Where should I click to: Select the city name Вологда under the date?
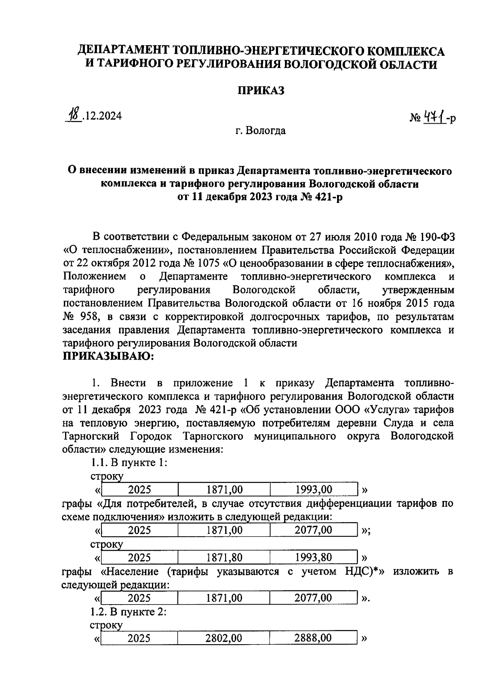click(266, 131)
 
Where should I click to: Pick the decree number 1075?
click(208, 263)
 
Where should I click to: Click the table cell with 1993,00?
click(314, 490)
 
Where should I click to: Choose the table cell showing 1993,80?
click(314, 558)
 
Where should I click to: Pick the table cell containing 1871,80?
click(224, 558)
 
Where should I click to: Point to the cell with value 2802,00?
click(224, 638)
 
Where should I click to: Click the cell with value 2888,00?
click(313, 638)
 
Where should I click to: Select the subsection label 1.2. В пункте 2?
click(129, 612)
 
